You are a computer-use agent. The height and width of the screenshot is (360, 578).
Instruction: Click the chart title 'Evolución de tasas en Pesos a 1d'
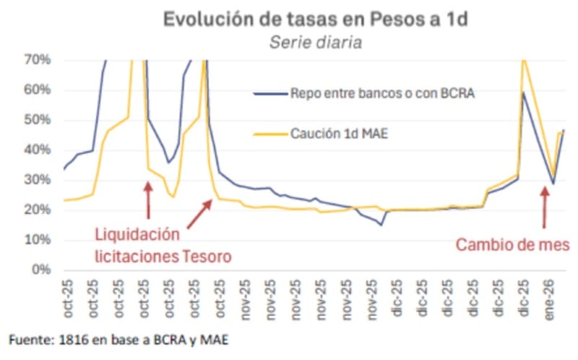tap(316, 19)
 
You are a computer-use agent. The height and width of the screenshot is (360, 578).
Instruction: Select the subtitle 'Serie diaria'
tap(316, 42)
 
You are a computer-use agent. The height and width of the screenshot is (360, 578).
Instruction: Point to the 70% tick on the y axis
tap(37, 59)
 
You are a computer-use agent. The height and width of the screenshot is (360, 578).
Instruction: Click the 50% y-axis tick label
tap(37, 119)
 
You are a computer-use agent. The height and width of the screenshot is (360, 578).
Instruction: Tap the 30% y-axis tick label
tap(37, 179)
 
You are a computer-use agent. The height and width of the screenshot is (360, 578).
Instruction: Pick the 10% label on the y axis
tap(37, 239)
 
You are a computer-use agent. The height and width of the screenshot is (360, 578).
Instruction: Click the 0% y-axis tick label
tap(40, 270)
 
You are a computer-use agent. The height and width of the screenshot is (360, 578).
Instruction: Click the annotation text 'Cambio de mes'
tap(512, 245)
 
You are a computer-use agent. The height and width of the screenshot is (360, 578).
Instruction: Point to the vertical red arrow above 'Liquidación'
tap(148, 200)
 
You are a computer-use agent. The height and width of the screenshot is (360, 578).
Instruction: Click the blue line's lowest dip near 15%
tap(381, 225)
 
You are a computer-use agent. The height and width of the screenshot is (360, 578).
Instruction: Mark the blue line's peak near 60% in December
tap(522, 93)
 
